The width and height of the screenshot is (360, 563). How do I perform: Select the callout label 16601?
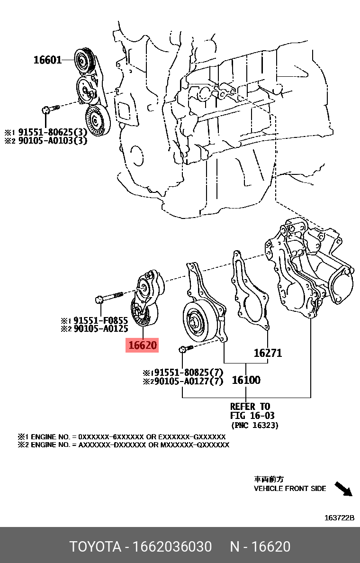(47, 60)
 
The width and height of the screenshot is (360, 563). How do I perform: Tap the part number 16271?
(268, 353)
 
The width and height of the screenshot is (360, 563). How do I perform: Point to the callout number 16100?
(246, 380)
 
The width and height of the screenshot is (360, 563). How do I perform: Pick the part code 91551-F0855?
(100, 320)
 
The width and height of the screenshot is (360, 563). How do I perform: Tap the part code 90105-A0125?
(100, 328)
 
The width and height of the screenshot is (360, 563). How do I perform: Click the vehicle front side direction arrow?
(344, 489)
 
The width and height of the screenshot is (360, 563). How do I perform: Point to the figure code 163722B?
(339, 518)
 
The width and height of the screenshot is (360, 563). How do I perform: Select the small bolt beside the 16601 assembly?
(49, 109)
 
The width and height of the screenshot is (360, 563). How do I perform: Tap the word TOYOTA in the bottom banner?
(95, 546)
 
